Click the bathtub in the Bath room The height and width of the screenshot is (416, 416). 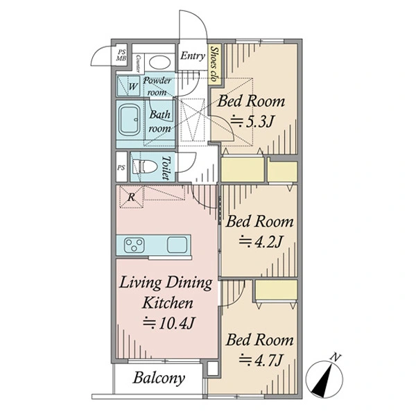coord(129,120)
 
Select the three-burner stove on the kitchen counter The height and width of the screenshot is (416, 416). coord(135,245)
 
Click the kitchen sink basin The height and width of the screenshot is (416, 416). coord(177,245)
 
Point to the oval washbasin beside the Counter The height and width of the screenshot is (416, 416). coord(159,63)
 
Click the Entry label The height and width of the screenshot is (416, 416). coord(193,55)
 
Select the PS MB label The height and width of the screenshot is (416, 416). coord(121,55)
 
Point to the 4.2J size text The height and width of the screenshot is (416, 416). coord(260,241)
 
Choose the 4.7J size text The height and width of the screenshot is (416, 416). coord(260,360)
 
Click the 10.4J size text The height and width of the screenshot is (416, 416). coord(169,323)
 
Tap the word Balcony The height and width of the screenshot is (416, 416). coord(159,378)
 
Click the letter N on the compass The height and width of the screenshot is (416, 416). coord(336,357)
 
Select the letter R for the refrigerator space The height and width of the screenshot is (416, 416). coord(131,198)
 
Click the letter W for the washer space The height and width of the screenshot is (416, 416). coord(133,87)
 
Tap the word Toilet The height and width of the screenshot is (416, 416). coord(166,167)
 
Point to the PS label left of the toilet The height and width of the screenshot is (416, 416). coord(121,168)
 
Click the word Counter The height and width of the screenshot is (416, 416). coord(138,64)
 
